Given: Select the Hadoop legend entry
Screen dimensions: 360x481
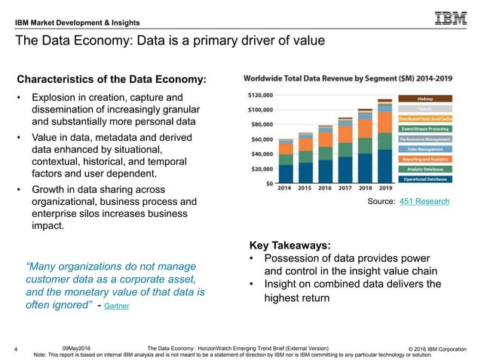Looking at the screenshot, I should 430,99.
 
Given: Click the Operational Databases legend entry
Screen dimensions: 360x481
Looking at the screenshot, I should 430,178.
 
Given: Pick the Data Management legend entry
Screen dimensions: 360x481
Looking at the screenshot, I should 430,149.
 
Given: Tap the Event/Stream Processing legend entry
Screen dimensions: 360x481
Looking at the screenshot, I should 430,129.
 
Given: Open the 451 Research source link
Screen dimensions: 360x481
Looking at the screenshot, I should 424,201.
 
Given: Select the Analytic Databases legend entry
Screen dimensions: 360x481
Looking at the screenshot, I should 430,169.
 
